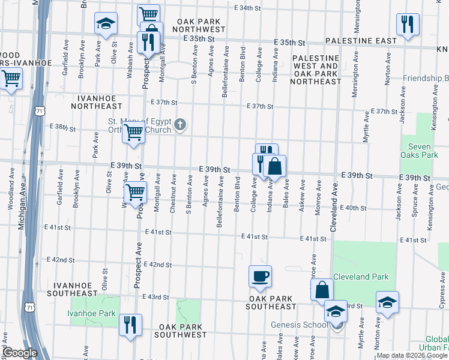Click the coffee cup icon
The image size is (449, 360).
(x=260, y=277)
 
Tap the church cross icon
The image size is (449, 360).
(x=180, y=125)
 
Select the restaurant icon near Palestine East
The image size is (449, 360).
(x=406, y=24)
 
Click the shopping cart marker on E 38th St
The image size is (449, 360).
(x=133, y=133)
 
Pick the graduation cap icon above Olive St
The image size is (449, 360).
(x=106, y=24)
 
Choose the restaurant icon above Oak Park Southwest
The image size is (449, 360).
(x=130, y=325)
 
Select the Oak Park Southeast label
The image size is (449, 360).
(x=271, y=302)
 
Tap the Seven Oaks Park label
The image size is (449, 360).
(x=420, y=150)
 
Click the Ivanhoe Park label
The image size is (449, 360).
(x=91, y=313)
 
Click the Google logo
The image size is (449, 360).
(x=20, y=353)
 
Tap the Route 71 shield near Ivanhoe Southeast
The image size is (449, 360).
(x=29, y=307)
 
